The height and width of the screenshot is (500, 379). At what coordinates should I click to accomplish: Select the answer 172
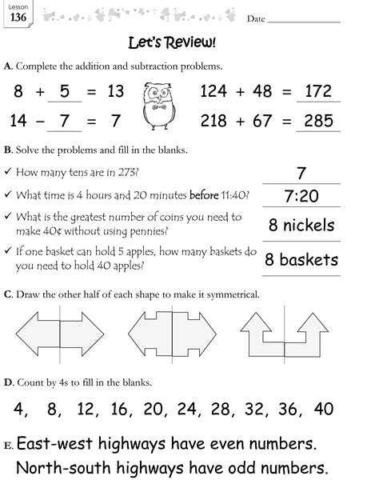(x=317, y=92)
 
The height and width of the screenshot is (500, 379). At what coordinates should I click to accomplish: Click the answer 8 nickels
(x=301, y=226)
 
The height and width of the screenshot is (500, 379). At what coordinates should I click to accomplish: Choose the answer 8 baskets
(x=301, y=260)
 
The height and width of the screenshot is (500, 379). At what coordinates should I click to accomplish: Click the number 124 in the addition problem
(x=215, y=92)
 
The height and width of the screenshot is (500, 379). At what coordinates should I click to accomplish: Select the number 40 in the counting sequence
(x=324, y=410)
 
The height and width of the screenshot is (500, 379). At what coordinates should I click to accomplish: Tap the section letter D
(x=8, y=382)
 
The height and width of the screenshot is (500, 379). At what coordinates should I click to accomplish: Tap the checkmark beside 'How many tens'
(x=7, y=172)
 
